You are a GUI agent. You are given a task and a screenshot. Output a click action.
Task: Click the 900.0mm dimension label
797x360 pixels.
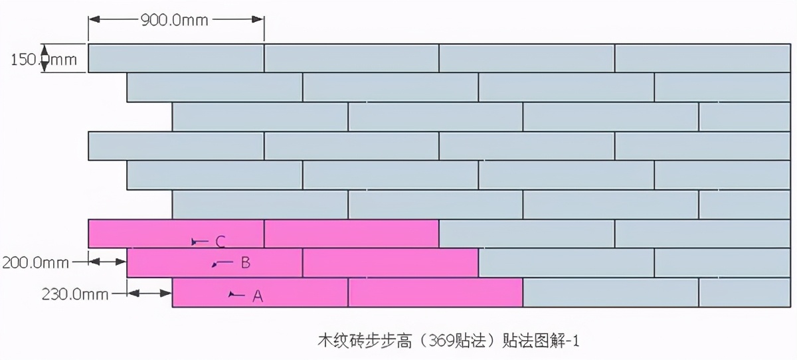174,20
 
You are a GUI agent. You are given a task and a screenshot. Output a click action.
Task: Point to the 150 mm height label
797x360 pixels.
44,60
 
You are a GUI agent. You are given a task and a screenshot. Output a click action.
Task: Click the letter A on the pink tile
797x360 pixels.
258,297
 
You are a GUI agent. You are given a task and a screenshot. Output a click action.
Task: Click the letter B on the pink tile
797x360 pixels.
245,262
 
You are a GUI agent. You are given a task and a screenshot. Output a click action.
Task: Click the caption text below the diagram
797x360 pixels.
450,341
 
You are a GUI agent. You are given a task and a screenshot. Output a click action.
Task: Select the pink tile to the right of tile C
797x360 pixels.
351,233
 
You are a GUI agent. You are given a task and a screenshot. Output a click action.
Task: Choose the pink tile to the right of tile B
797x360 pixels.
391,263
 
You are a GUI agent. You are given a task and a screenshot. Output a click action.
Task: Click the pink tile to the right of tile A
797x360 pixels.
436,293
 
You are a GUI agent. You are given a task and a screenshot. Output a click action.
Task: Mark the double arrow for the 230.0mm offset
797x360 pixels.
149,292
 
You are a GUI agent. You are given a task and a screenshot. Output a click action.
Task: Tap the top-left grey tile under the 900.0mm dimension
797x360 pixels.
176,58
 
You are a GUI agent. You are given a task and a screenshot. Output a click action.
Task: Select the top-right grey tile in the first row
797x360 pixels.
702,58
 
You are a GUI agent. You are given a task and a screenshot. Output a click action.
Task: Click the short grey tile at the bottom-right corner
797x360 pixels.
745,293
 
